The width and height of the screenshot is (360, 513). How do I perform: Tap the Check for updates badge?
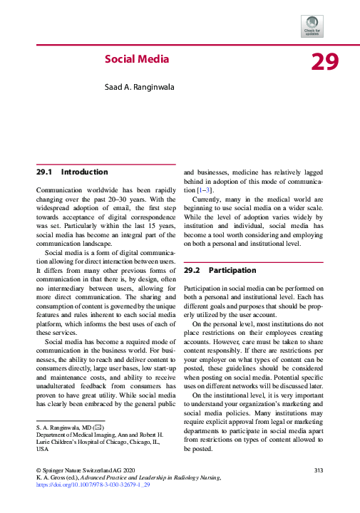(x=313, y=26)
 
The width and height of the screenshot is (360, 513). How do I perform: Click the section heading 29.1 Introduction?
(x=72, y=172)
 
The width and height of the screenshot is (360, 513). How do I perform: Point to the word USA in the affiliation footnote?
(x=43, y=450)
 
